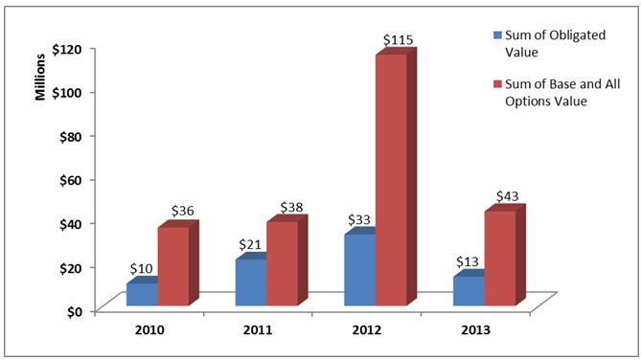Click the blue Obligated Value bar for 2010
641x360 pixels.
141,294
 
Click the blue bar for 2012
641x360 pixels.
359,269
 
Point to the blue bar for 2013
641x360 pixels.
468,291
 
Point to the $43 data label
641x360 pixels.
508,196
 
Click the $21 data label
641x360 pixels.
252,244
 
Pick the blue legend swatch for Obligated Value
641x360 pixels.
496,34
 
